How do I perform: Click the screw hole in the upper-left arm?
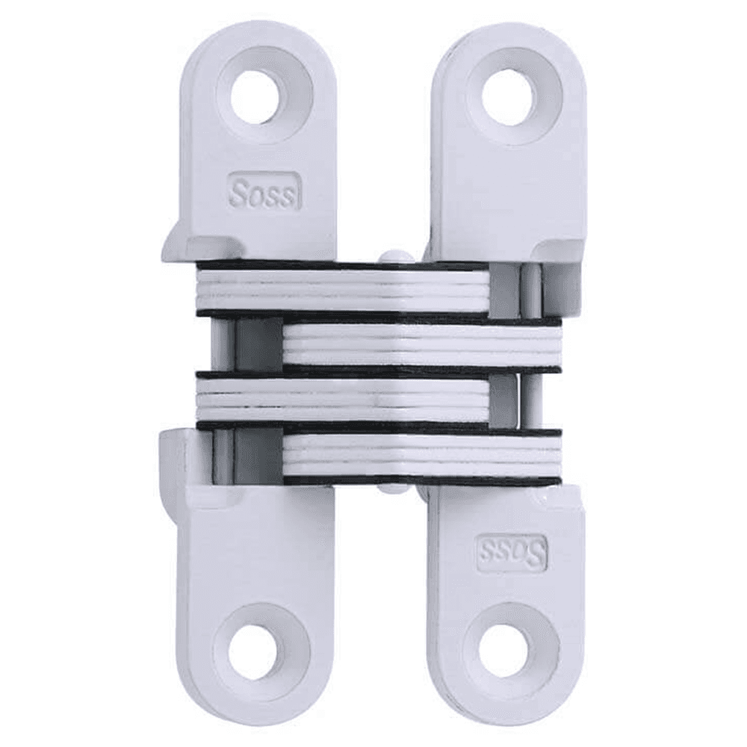coord(256,96)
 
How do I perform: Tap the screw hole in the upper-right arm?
coord(508,96)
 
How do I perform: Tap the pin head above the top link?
coord(396,256)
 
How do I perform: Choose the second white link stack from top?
coord(422,344)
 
